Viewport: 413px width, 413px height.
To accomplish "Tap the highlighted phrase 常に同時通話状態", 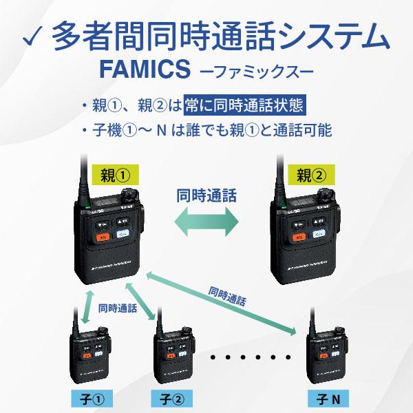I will point(242,106).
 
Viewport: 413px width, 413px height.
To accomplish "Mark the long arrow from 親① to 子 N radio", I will point(220,302).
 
